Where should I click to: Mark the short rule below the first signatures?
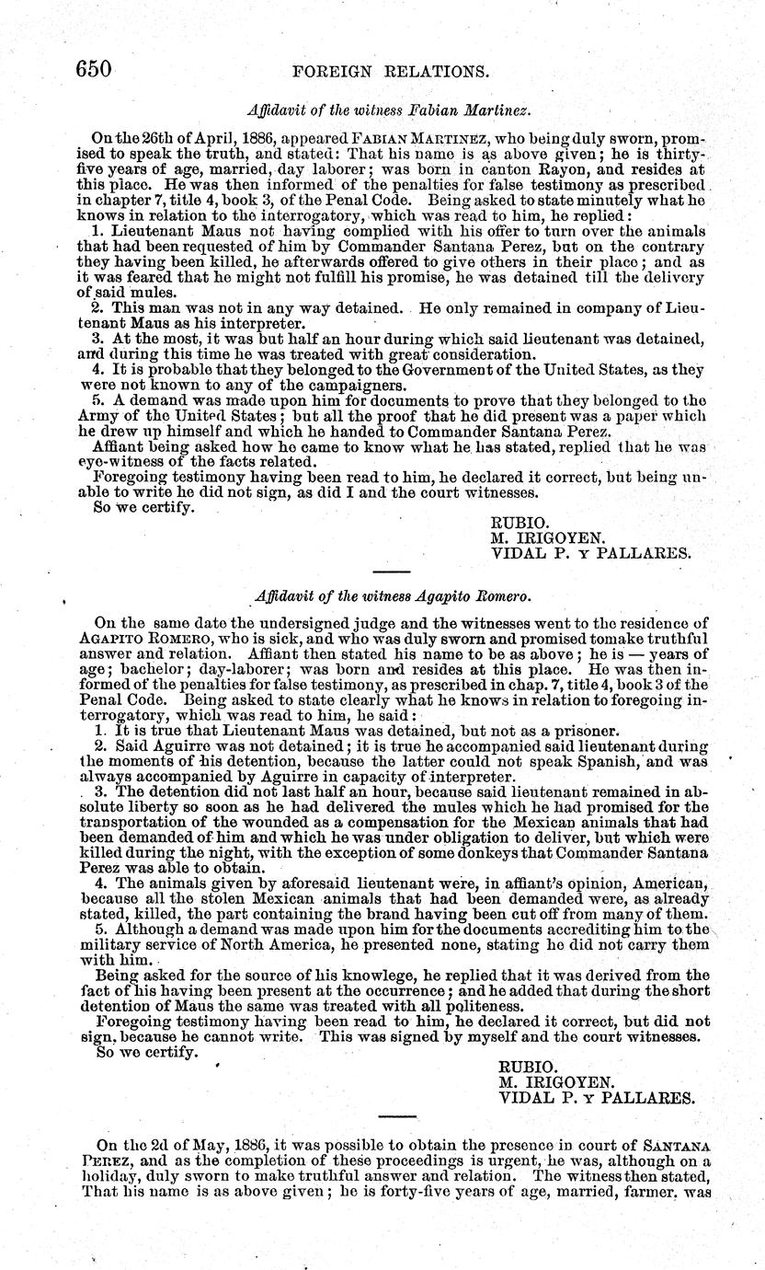397,576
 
